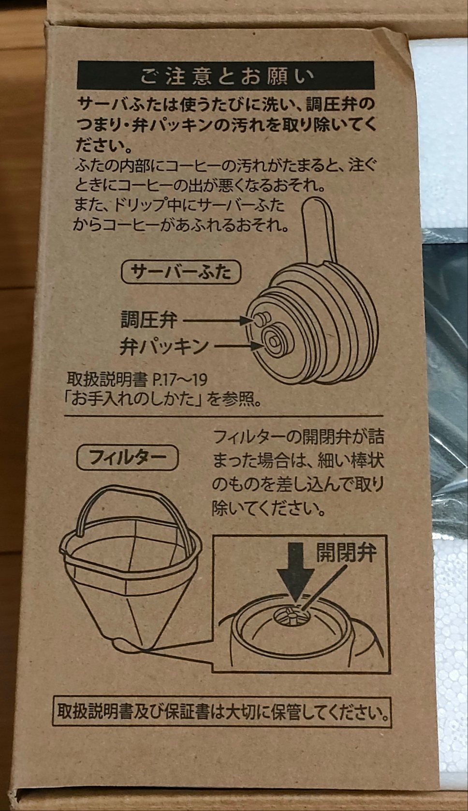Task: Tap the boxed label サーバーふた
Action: (x=181, y=272)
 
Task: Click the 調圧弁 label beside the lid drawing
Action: (x=149, y=320)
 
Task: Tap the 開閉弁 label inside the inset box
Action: (x=346, y=553)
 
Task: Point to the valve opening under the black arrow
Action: (x=290, y=616)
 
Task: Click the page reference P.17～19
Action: (x=180, y=380)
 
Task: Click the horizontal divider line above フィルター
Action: (x=223, y=416)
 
